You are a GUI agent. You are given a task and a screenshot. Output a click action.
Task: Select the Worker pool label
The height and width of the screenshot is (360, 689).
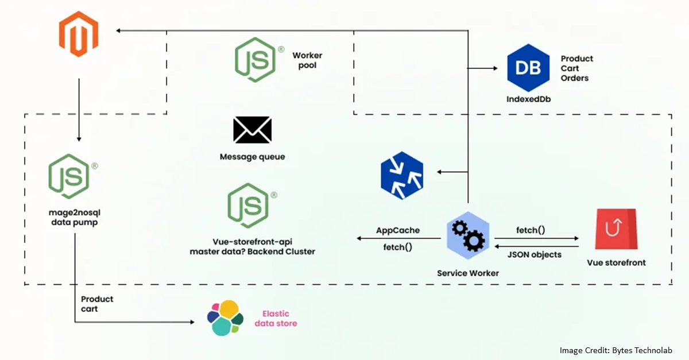(307, 60)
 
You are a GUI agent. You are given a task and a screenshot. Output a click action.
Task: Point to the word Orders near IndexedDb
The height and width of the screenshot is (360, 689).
(575, 78)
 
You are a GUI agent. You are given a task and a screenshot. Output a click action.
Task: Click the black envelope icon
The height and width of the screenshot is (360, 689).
(252, 130)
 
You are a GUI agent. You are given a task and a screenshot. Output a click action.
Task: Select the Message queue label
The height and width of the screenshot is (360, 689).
(252, 157)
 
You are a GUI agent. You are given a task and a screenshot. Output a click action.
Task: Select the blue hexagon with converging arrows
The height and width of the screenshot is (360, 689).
(402, 172)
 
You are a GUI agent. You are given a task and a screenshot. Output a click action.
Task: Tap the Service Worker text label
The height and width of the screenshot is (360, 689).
(468, 273)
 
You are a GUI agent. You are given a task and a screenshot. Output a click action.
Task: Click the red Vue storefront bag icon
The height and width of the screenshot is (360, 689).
(616, 229)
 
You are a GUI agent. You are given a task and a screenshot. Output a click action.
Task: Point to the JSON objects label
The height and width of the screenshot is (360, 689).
(535, 254)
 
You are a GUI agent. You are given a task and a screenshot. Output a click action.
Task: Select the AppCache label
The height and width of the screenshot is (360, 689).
(397, 230)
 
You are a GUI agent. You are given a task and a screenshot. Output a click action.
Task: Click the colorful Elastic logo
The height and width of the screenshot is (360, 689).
(225, 318)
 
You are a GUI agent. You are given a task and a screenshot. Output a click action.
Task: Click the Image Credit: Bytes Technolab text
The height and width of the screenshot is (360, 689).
(616, 350)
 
